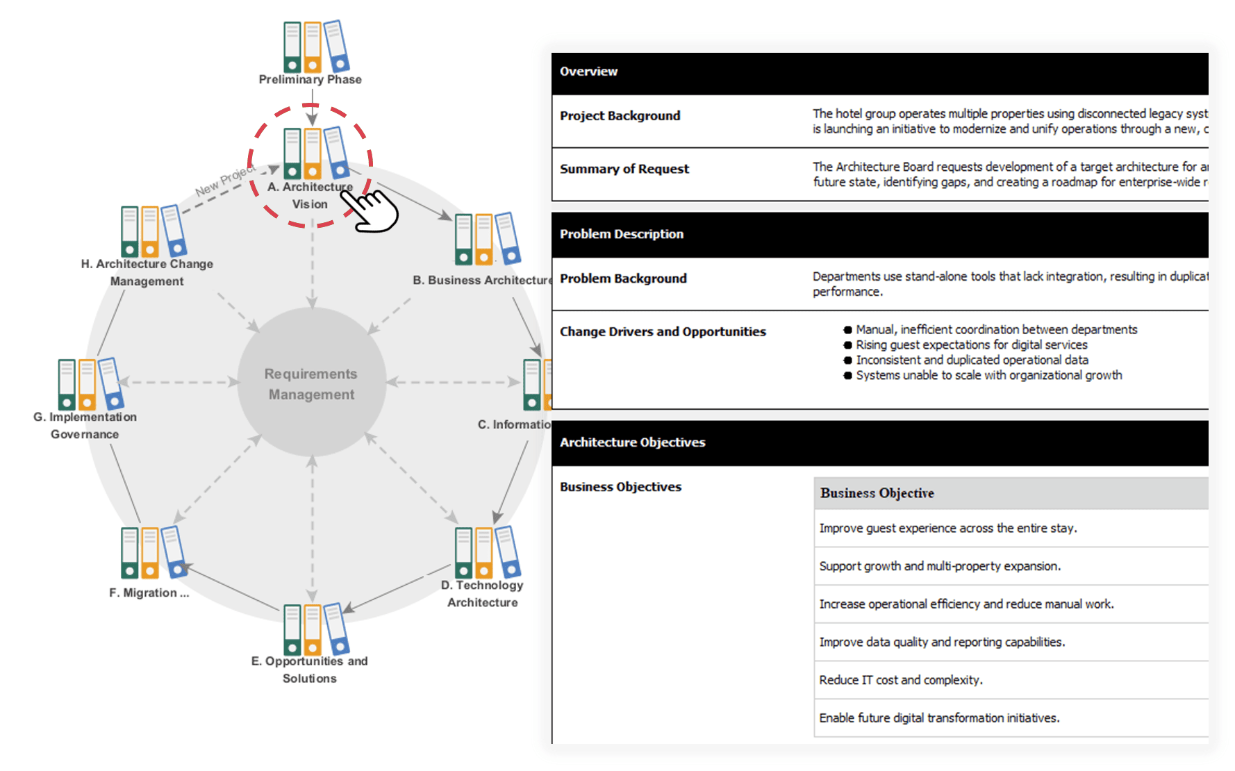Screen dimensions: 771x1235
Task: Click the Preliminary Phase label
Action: (310, 80)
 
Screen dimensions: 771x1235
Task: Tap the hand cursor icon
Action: (372, 210)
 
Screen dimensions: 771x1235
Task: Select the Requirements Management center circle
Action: (311, 383)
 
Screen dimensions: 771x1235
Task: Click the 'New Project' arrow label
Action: (225, 180)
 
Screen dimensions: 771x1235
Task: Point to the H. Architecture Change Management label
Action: (147, 272)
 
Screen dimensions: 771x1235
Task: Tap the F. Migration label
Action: (149, 592)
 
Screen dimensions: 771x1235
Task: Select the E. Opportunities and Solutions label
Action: (309, 670)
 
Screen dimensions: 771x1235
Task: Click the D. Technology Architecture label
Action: (482, 594)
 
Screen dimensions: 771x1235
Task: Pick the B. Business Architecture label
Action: (482, 280)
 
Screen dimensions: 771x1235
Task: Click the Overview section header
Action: (588, 72)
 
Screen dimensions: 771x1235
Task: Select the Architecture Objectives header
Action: (632, 442)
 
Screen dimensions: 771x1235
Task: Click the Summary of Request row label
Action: (624, 169)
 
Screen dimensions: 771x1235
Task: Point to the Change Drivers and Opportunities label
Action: (663, 332)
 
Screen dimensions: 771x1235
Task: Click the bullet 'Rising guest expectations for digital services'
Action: (971, 345)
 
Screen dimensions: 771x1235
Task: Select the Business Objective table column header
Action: (877, 493)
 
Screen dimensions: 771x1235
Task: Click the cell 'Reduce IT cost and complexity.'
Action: (900, 680)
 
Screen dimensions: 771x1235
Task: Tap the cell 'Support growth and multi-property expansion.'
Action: (939, 566)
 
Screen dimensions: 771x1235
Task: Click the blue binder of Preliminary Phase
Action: (336, 46)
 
